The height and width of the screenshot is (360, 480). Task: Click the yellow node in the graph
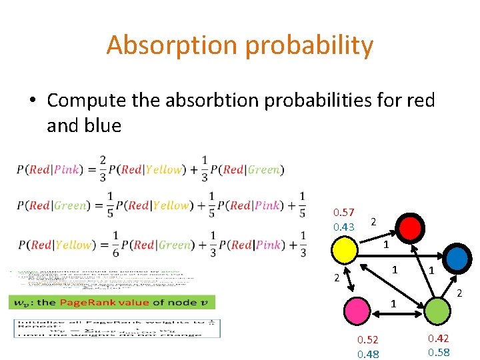(x=346, y=251)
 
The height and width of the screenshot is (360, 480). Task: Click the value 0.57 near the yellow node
(x=344, y=213)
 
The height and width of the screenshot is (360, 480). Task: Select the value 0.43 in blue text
(x=344, y=227)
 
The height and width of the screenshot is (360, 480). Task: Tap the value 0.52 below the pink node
(x=368, y=339)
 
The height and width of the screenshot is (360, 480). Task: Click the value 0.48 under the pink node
(x=368, y=354)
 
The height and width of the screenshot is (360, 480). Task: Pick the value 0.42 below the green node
(x=439, y=338)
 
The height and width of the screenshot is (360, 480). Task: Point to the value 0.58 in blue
(x=439, y=353)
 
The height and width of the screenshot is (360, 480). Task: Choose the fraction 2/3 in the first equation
(x=102, y=169)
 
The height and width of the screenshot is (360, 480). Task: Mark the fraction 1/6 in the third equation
(x=116, y=244)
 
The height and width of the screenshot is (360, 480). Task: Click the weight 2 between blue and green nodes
(x=459, y=293)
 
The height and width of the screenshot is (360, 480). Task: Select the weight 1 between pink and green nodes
(x=393, y=303)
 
